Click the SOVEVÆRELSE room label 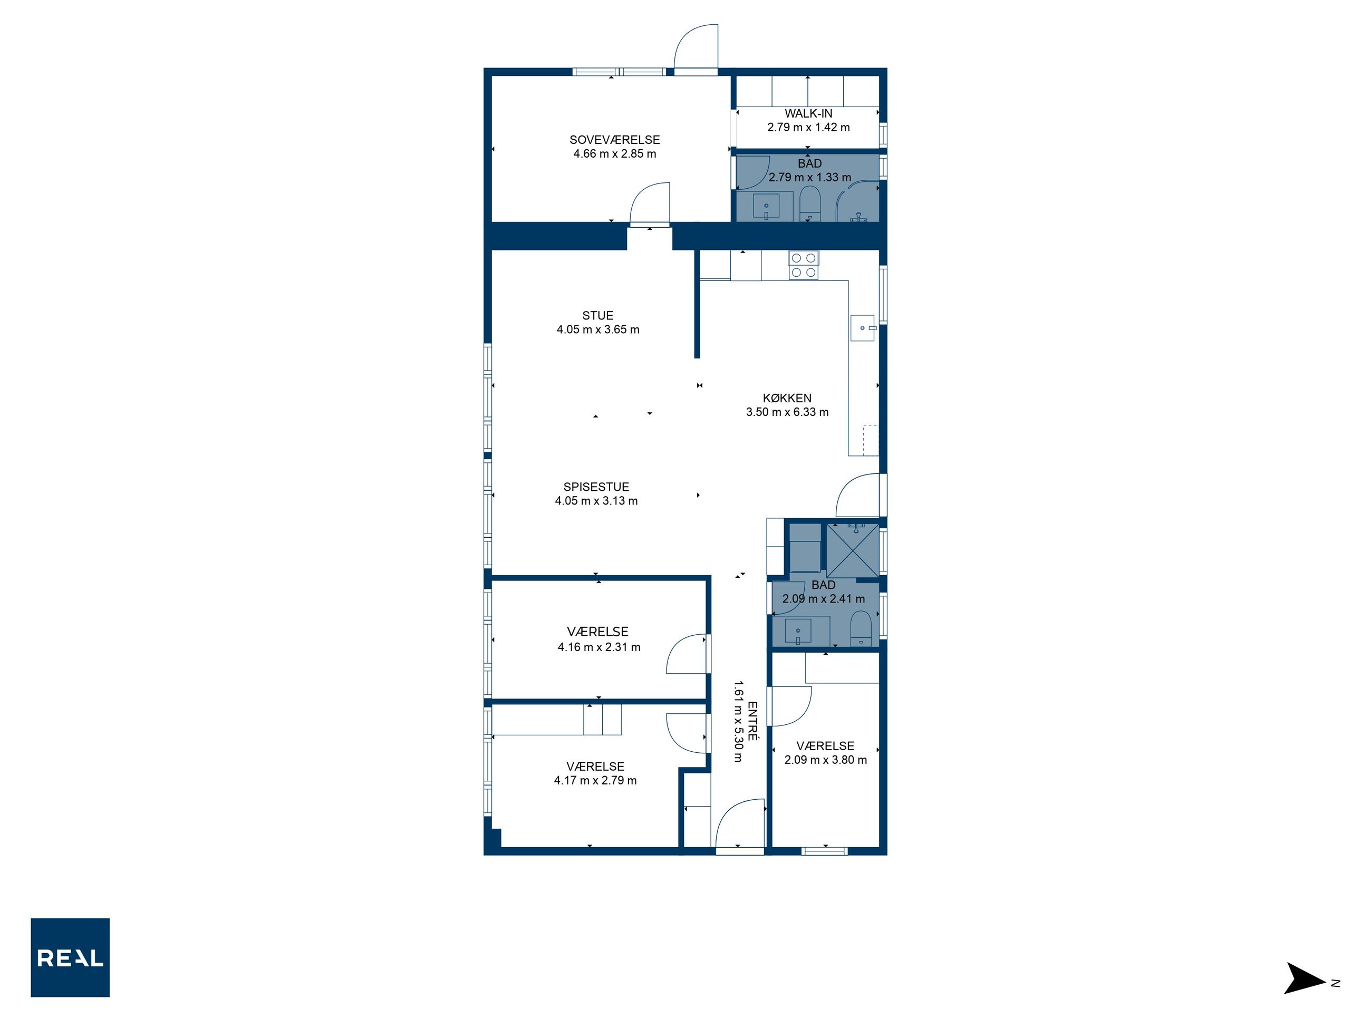614,140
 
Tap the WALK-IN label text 808,113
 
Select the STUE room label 597,315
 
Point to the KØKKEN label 787,398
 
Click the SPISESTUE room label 596,487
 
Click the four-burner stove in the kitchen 803,265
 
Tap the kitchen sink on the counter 863,328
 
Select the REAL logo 70,957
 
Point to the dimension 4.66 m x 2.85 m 614,154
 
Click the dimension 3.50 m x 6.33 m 787,412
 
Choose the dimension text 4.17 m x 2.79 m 595,781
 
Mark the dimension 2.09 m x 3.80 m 826,760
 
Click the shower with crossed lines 852,551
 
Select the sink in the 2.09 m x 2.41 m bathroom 798,632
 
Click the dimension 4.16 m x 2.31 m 598,647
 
